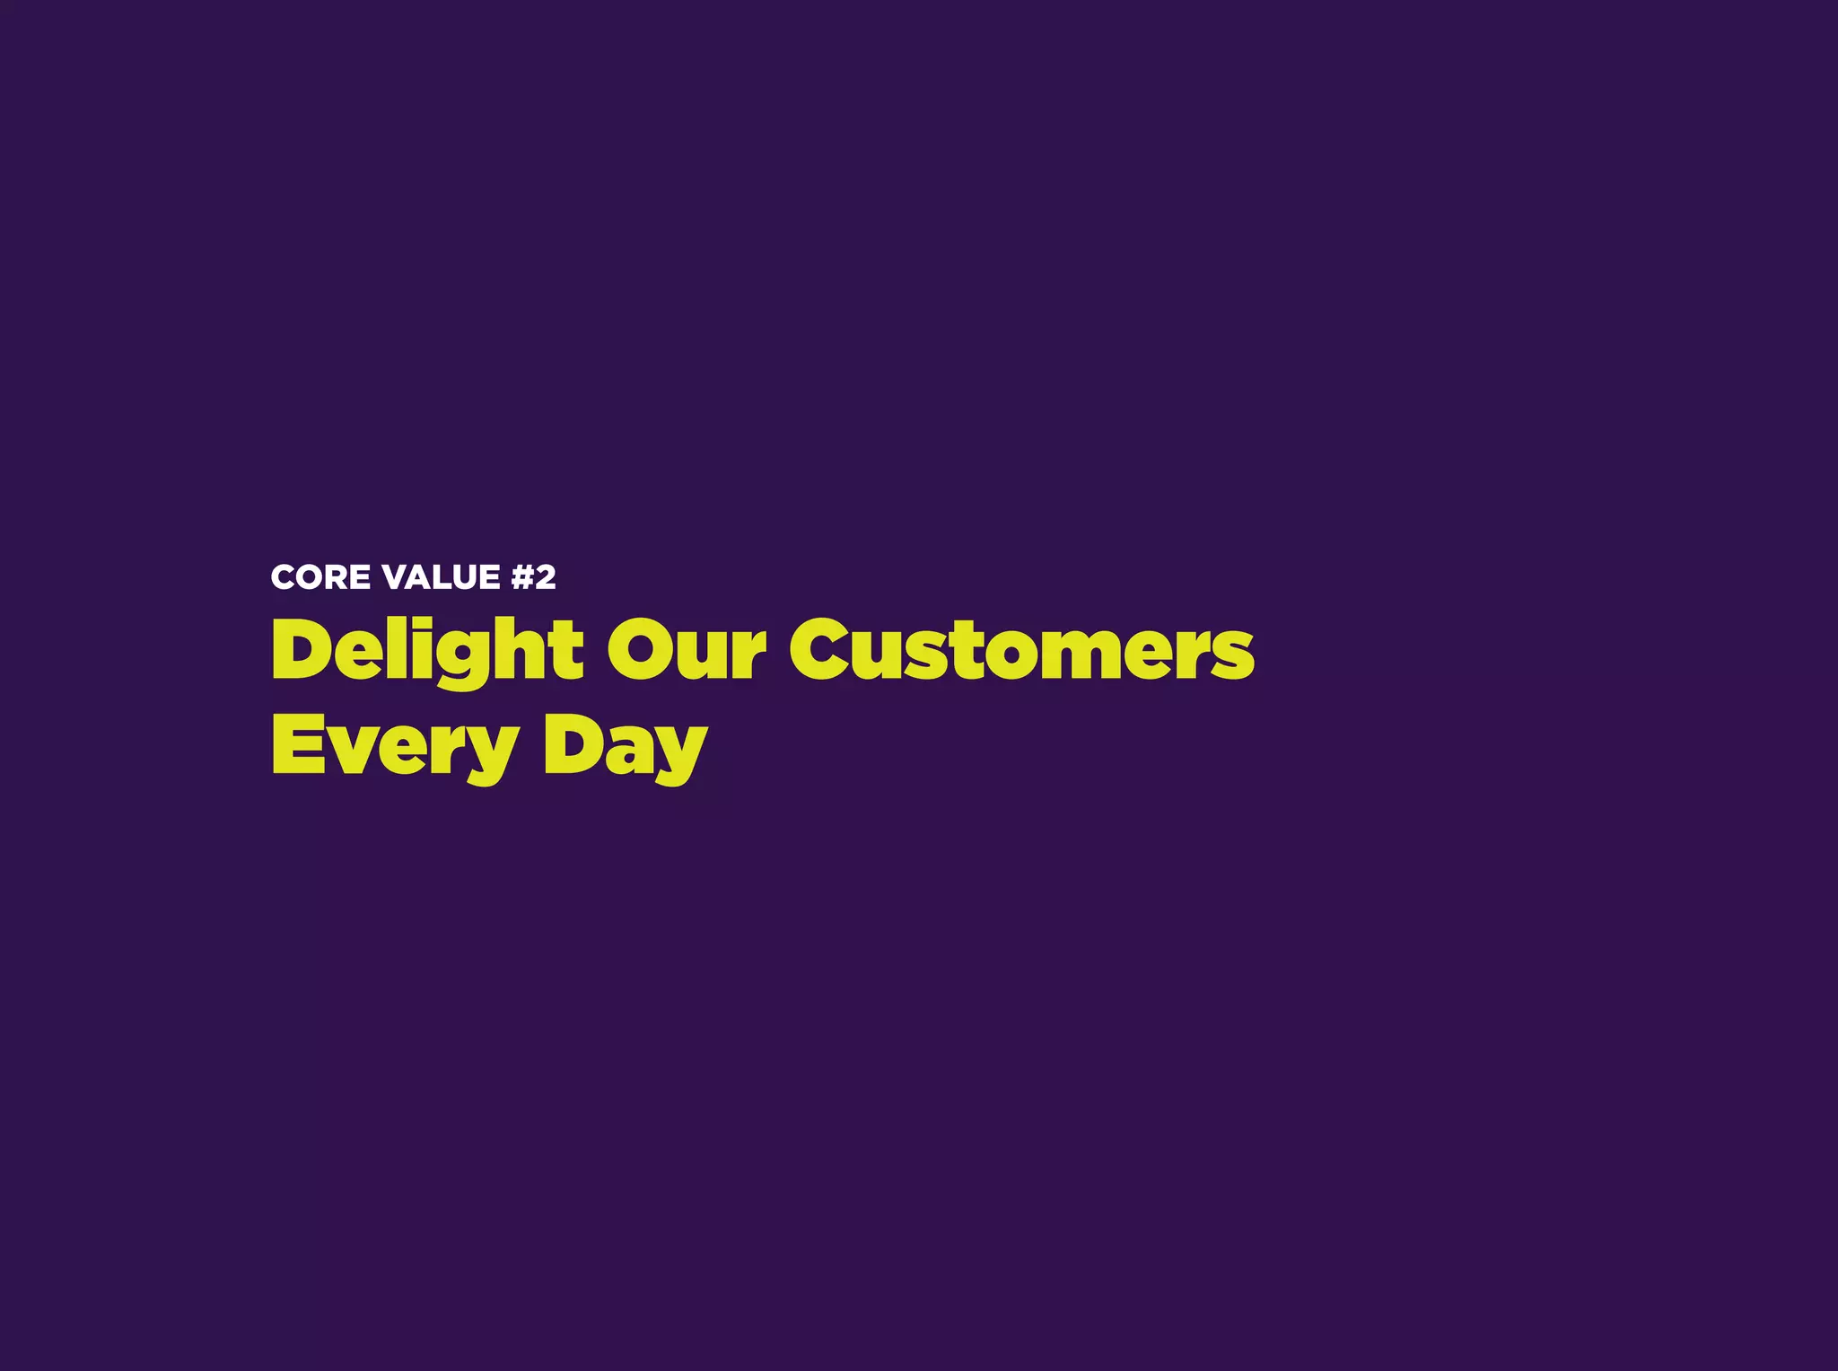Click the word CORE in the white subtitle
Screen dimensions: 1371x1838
tap(321, 577)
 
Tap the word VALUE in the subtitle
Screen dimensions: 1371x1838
tap(441, 577)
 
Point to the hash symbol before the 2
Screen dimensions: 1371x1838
tap(522, 577)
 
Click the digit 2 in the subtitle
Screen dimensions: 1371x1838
tap(545, 577)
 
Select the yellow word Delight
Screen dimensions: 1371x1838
tap(427, 650)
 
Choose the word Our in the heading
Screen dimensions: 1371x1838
tap(687, 650)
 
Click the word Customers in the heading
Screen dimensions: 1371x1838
tap(1021, 650)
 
